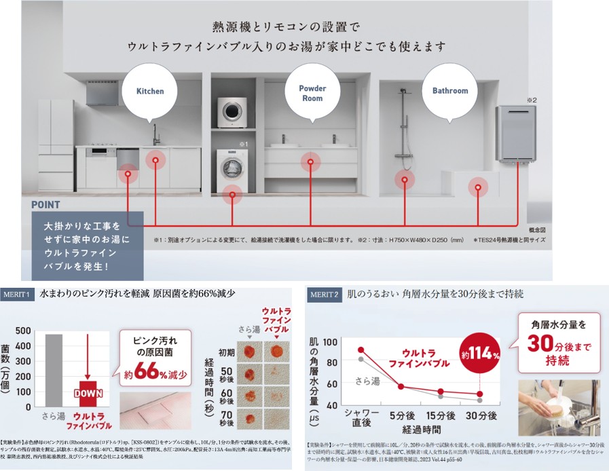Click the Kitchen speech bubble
[x=150, y=91]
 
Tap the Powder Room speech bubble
[x=312, y=93]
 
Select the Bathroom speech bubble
[x=450, y=91]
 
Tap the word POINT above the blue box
[x=45, y=204]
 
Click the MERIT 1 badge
[x=18, y=295]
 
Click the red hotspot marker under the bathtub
[x=479, y=188]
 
